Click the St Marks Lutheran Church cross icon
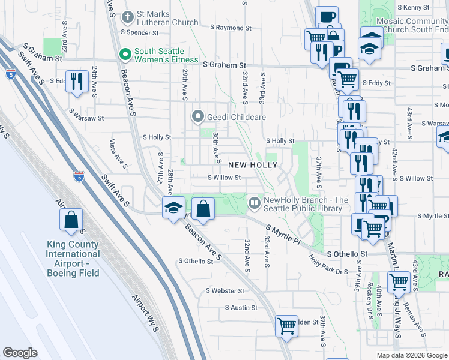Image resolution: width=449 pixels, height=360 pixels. point(127,16)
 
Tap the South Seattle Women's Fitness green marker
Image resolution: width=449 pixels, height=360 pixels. point(125,55)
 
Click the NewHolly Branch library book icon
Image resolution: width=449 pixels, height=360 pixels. point(255,204)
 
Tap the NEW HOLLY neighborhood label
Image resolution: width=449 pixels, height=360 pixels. point(244,164)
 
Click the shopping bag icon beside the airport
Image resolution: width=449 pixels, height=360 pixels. point(71,221)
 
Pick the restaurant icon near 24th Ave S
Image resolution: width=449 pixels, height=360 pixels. point(76,82)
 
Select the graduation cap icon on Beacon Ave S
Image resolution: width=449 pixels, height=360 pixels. point(173,209)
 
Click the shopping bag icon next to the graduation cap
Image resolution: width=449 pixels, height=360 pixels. point(203,209)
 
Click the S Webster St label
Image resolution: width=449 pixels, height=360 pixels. point(225,291)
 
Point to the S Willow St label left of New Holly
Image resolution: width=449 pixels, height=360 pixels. point(224,178)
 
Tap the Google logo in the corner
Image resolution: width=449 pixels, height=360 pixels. point(20,353)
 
